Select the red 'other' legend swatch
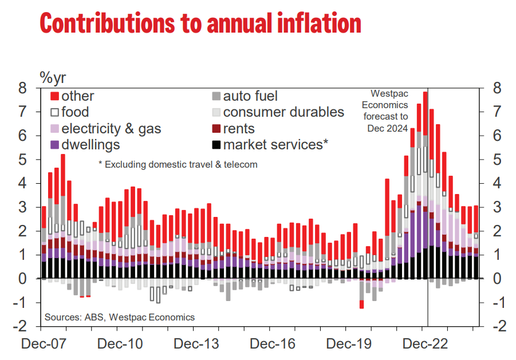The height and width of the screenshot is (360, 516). click(55, 97)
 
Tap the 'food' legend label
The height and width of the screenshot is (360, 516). click(75, 112)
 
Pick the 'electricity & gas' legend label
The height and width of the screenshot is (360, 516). click(111, 129)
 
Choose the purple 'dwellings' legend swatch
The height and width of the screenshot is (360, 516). click(55, 145)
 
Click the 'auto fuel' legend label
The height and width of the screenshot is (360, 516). click(250, 97)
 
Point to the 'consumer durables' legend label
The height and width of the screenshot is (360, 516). click(283, 112)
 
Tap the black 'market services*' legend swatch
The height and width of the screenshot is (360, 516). click(216, 145)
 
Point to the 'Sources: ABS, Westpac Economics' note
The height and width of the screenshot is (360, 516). click(120, 317)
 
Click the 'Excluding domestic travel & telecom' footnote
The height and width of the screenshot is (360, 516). click(178, 165)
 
